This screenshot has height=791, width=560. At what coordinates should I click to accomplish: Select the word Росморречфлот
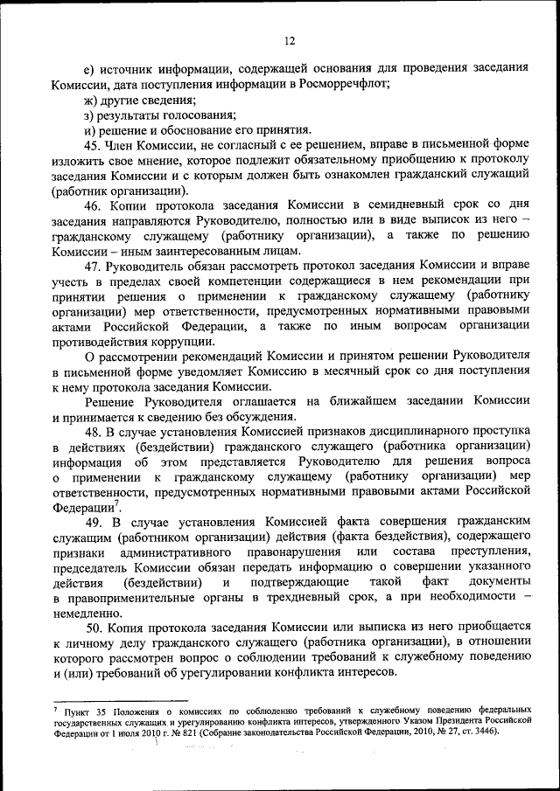click(344, 85)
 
